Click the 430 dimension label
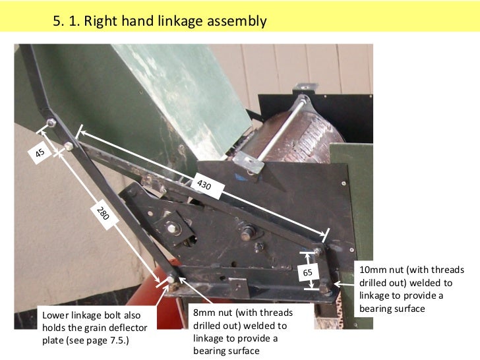(204, 185)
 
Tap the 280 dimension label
(103, 214)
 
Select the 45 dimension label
(40, 153)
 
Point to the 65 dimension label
(308, 272)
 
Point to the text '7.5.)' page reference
(118, 341)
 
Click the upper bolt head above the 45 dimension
(51, 123)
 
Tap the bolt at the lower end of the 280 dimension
(171, 280)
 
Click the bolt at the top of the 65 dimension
(318, 252)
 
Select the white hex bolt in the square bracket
(171, 228)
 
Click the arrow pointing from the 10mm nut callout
(344, 284)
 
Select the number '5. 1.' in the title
(66, 21)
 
